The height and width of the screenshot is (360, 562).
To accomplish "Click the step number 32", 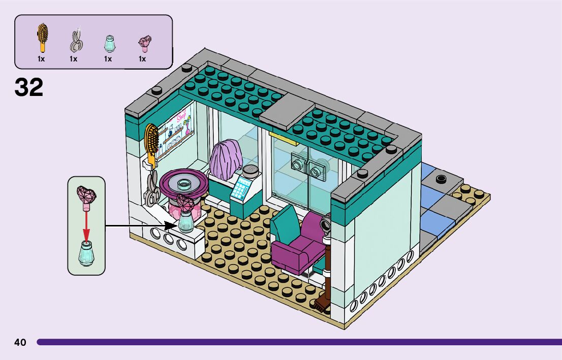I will (29, 87).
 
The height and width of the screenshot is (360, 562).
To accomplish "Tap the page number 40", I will (20, 342).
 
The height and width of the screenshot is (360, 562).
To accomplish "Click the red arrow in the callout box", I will (86, 223).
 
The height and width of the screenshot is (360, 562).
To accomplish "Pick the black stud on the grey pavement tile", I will (440, 179).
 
